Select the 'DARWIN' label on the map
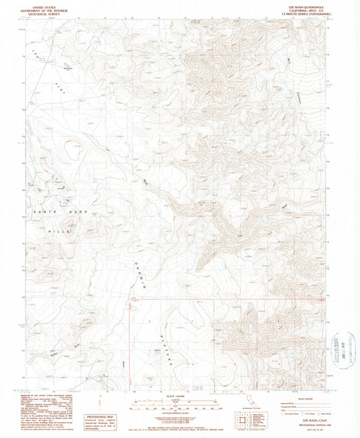[140, 270]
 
